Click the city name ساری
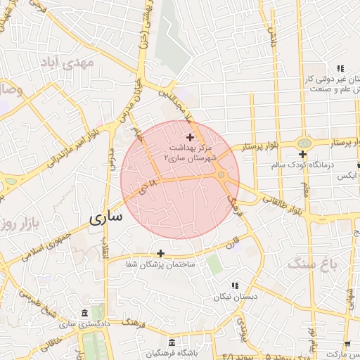coord(106,217)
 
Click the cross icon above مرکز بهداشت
coord(190,136)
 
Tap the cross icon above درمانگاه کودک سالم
coord(302,154)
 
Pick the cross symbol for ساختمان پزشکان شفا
coord(160,253)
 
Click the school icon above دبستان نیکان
coord(236,285)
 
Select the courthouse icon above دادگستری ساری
coord(84,313)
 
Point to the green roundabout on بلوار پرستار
coord(304,142)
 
